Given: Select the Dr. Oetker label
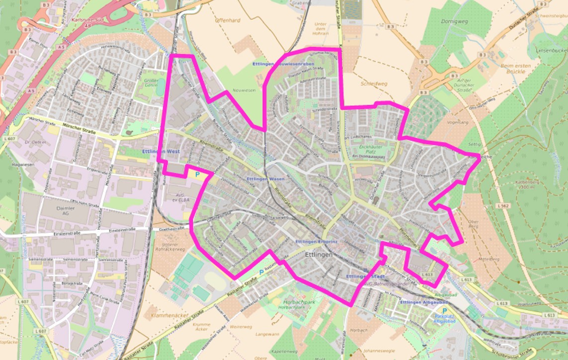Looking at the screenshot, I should pos(35,142).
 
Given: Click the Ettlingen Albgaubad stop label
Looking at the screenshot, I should pos(424,302).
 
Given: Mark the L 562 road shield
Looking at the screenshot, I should pos(502,206).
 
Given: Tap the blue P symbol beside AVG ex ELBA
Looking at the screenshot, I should pos(198,175).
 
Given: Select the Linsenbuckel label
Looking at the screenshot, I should pos(549,50).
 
